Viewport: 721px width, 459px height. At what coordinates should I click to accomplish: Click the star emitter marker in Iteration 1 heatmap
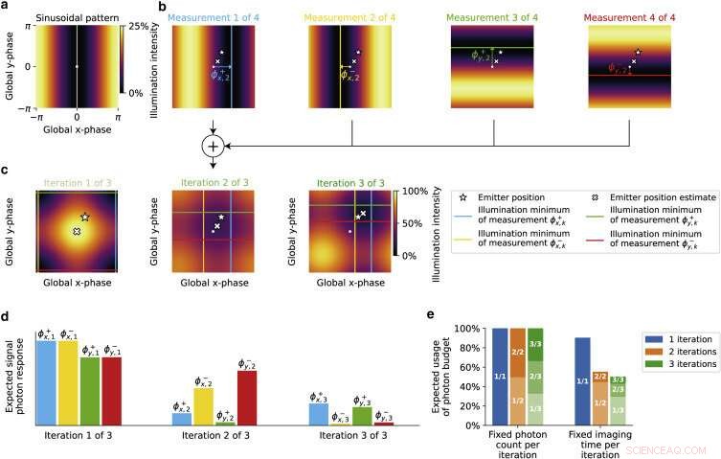tap(85, 218)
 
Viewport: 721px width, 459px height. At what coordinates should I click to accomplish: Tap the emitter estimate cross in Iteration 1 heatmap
tap(76, 232)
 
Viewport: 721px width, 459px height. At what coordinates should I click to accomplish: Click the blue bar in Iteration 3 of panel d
tap(319, 414)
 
